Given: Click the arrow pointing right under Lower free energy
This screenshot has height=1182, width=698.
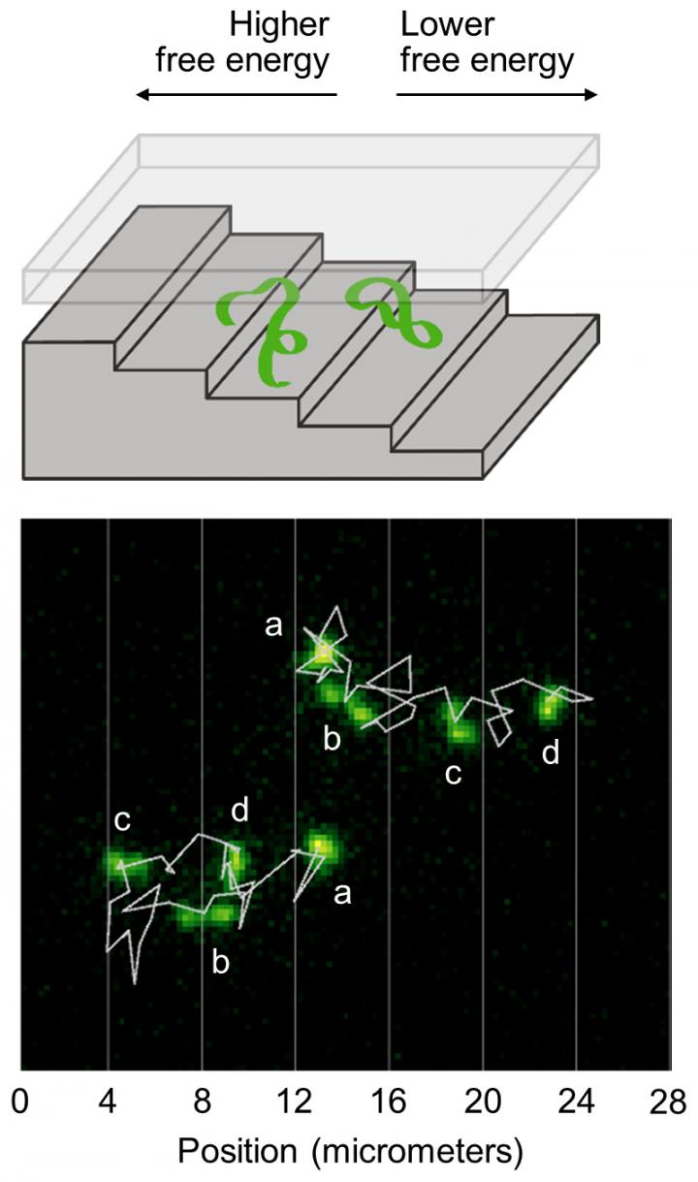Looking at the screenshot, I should pos(497,95).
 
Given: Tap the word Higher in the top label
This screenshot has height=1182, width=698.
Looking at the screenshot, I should pos(279,24).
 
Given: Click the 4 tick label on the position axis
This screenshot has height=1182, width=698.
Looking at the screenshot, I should pos(107,1102).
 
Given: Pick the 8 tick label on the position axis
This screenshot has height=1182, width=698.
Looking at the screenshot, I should pos(201,1102).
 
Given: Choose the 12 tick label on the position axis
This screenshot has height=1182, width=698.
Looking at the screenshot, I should pos(295,1102).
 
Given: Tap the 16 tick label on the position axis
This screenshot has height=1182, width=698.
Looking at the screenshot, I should pos(389,1102).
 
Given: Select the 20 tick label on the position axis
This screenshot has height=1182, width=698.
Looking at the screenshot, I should pos(483,1102).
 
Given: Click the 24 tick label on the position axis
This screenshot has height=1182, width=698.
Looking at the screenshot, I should pos(577,1102).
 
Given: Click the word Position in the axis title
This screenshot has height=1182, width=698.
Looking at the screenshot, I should pos(237,1151).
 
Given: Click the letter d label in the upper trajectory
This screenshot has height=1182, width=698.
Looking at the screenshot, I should pos(551,752).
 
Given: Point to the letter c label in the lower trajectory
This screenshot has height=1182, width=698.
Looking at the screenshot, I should pos(122,820).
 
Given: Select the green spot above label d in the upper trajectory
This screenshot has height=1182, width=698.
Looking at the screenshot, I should pos(550,705).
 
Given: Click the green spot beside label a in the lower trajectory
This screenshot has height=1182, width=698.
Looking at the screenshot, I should pos(320,847).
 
